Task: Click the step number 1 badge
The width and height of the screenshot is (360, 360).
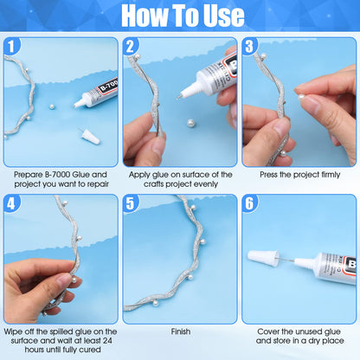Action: point(15,47)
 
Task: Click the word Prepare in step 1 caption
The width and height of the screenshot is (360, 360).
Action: point(31,174)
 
